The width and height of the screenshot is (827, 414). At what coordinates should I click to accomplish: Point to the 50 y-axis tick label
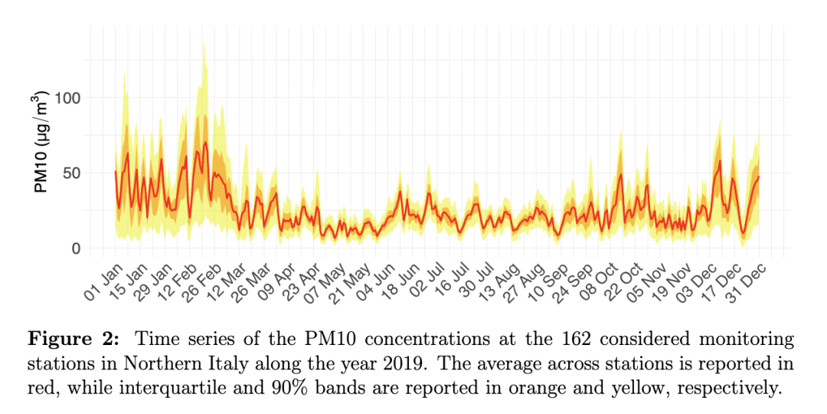71,173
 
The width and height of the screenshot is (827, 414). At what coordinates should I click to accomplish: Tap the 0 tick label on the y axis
76,248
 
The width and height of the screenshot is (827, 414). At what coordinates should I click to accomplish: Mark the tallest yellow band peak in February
204,40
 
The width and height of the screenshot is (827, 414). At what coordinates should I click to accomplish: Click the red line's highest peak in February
205,143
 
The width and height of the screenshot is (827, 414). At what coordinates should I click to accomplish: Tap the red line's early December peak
720,161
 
